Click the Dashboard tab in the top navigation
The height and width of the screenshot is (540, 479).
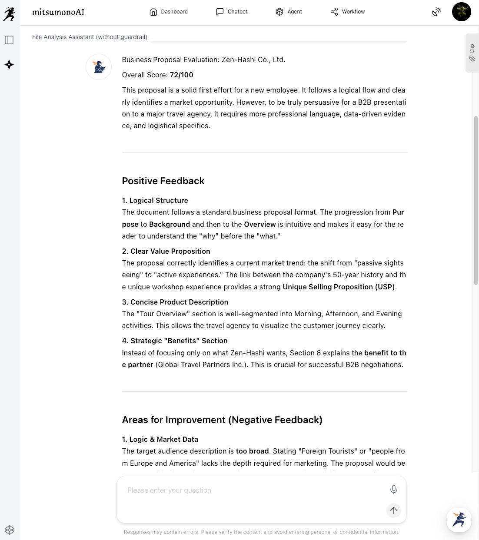point(169,12)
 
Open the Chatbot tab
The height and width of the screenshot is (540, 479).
point(232,12)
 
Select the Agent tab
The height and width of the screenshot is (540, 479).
point(289,12)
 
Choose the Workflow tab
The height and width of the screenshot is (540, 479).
point(348,12)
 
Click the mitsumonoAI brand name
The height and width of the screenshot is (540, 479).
point(58,12)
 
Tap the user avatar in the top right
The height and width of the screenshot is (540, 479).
point(461,12)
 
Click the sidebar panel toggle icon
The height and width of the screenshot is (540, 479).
point(9,40)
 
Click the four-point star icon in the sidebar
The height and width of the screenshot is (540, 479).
point(9,65)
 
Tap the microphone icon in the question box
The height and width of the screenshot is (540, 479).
point(393,490)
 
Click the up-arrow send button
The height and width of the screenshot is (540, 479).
point(393,510)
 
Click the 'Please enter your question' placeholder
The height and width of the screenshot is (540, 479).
point(169,490)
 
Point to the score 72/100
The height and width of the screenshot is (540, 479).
point(181,75)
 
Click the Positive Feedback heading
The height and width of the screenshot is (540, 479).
point(163,181)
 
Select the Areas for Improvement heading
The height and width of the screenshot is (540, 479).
point(222,420)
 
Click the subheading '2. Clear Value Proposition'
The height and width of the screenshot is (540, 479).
point(166,251)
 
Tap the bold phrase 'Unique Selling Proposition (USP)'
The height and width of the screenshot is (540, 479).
point(339,287)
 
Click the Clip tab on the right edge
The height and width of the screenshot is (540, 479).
point(472,53)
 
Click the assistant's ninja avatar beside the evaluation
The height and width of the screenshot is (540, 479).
point(99,67)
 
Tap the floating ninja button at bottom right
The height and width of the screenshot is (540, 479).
point(459,520)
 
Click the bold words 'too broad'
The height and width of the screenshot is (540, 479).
point(252,451)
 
